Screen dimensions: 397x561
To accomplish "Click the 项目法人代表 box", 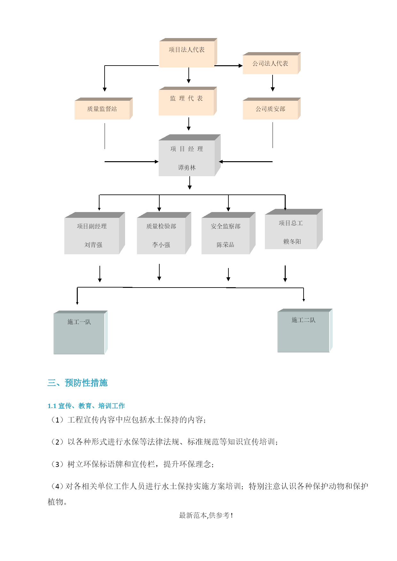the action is (x=188, y=53).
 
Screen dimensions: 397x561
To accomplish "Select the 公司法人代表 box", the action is (x=272, y=63).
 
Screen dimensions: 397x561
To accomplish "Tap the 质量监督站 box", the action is (x=104, y=108).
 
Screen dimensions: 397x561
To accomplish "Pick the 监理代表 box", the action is (x=188, y=101).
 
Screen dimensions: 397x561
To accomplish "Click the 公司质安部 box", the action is (x=272, y=108).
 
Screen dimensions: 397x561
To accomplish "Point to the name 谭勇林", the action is (x=187, y=168).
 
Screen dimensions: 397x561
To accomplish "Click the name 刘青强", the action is (x=93, y=245).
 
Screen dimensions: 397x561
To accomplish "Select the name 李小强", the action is (x=161, y=245).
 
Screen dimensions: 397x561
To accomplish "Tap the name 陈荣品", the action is (x=226, y=245).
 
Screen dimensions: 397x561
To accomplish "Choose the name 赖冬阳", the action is (x=292, y=241).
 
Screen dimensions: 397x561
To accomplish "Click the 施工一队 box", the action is (x=81, y=332).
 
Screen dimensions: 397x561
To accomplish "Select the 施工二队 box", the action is (x=305, y=330).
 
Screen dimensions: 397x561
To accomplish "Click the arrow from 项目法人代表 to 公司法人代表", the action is (x=228, y=66).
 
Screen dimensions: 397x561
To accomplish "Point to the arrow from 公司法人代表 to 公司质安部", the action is (x=273, y=83).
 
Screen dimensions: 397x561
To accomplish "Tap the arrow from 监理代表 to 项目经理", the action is (x=189, y=124).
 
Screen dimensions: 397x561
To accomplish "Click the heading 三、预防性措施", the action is (x=77, y=383).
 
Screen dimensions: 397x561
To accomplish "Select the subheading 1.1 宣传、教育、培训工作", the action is (x=86, y=406).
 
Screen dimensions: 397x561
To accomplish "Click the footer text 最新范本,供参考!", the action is (x=206, y=515).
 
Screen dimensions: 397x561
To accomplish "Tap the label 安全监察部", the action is (x=226, y=226).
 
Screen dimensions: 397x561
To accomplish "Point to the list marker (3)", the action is (x=57, y=464).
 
